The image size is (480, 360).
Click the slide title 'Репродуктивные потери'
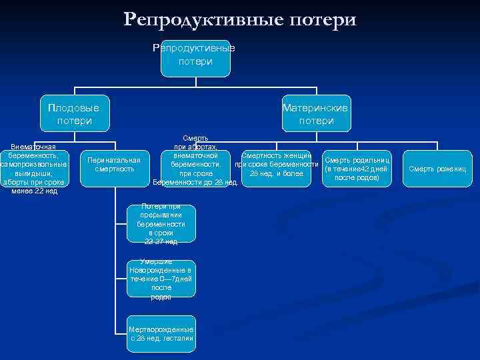click(240, 19)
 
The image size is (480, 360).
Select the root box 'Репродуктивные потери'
click(195, 56)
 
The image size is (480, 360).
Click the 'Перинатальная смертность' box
click(114, 165)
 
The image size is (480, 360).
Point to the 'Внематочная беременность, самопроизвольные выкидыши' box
click(34, 168)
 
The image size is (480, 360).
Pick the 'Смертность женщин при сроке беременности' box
click(275, 165)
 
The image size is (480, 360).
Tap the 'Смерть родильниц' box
click(357, 169)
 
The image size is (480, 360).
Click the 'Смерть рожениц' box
click(438, 169)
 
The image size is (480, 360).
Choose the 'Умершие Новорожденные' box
click(161, 279)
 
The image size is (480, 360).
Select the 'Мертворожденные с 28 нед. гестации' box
click(161, 333)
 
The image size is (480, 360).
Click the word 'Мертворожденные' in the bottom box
click(161, 329)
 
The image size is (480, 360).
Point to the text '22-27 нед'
click(161, 242)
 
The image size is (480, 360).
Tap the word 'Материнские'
click(315, 107)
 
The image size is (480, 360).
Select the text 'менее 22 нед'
click(35, 191)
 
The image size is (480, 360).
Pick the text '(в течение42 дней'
click(357, 169)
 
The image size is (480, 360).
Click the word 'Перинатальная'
click(114, 160)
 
